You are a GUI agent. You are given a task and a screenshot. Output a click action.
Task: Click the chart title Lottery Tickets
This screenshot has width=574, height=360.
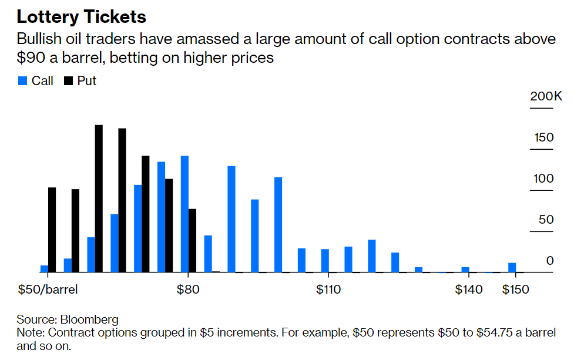[82, 16]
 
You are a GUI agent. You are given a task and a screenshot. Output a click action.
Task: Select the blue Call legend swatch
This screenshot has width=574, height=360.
[23, 81]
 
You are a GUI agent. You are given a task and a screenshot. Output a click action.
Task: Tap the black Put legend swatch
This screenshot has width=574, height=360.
[68, 81]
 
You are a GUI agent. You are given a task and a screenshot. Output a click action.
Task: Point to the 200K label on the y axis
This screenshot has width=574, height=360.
[546, 96]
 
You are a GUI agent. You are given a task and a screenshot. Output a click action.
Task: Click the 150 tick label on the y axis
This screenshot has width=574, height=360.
[543, 137]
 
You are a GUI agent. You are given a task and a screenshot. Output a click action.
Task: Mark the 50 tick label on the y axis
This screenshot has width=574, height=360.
[546, 220]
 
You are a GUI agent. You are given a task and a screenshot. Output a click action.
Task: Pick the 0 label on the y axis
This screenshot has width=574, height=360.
[550, 261]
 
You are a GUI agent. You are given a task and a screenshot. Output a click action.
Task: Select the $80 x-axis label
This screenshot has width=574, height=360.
[187, 290]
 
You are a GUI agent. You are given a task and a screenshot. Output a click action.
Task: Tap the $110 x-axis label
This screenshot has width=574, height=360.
[328, 290]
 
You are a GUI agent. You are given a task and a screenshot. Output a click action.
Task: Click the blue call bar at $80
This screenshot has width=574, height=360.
[184, 214]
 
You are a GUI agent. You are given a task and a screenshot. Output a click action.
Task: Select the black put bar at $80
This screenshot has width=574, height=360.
[192, 240]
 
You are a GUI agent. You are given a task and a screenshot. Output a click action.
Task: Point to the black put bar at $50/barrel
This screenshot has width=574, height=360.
[52, 230]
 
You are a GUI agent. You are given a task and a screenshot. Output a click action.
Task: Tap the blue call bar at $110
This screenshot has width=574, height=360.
[325, 261]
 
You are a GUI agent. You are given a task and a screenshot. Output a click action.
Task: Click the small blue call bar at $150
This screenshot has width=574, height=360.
[512, 267]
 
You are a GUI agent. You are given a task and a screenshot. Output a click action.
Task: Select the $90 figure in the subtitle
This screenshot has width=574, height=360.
[32, 59]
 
